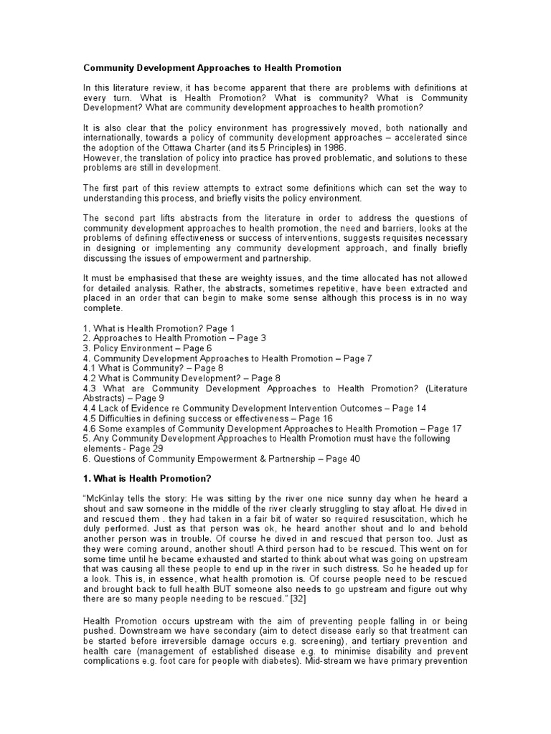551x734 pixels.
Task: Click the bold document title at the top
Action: point(212,68)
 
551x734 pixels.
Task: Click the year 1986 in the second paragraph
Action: point(293,148)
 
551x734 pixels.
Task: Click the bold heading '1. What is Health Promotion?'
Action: point(146,478)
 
